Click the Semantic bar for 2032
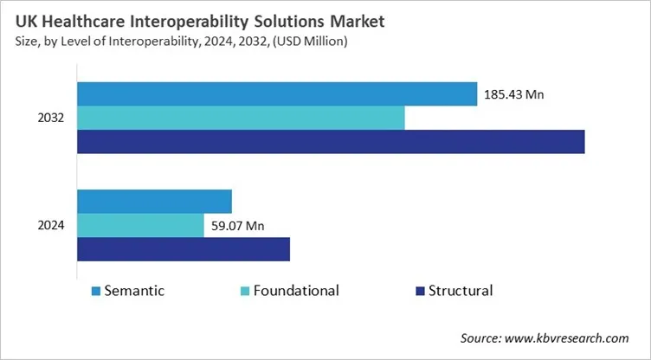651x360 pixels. point(277,93)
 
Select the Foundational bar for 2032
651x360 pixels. point(241,118)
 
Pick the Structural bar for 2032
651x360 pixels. point(331,141)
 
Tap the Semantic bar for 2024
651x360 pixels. point(154,201)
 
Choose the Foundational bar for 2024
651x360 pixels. point(140,225)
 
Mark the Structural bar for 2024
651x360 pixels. point(184,249)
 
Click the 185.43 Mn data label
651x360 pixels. point(517,94)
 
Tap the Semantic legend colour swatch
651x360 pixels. point(95,291)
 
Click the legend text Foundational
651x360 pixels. point(296,291)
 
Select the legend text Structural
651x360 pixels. point(461,291)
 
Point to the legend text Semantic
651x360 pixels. point(134,291)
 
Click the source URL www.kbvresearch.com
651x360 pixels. point(576,338)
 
